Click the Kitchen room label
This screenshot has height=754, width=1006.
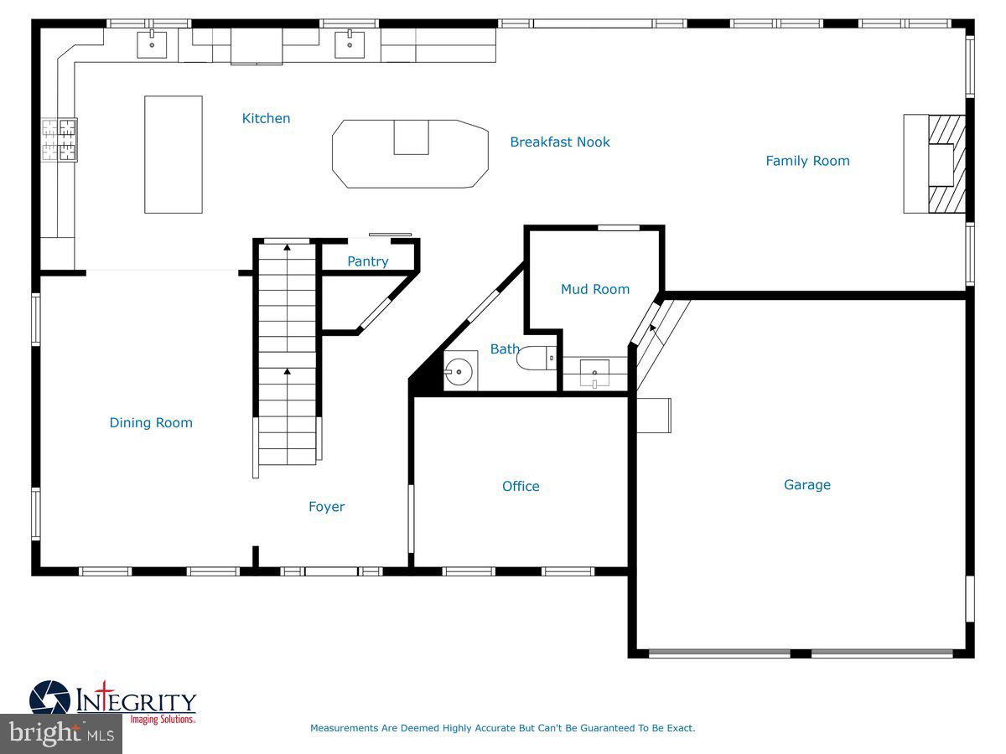click(x=266, y=118)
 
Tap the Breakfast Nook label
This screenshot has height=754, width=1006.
click(x=560, y=142)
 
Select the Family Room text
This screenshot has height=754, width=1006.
click(x=807, y=161)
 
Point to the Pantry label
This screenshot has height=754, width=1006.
click(x=368, y=261)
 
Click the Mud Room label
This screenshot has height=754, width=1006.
click(x=594, y=289)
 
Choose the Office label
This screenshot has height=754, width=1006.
click(x=521, y=486)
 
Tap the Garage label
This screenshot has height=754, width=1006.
click(x=806, y=484)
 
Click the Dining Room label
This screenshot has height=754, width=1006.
click(x=151, y=422)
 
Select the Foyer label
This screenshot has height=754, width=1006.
click(x=326, y=506)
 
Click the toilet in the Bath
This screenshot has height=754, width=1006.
click(x=537, y=359)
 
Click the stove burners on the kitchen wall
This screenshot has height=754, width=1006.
click(x=60, y=139)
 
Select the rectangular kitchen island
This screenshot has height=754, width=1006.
click(x=174, y=154)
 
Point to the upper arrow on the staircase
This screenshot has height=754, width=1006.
click(x=288, y=247)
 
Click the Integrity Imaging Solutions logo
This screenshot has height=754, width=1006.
click(x=113, y=703)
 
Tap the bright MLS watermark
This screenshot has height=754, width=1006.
click(x=60, y=734)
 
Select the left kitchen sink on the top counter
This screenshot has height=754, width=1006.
click(x=152, y=44)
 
